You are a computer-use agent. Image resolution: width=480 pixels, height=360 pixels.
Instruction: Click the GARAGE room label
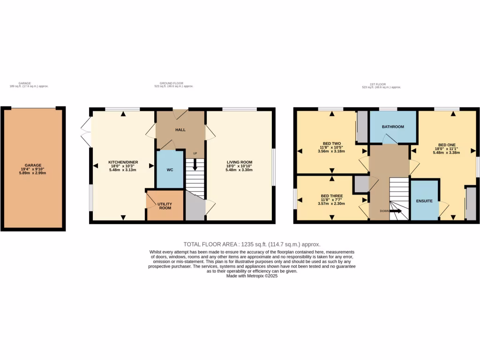pos(33,165)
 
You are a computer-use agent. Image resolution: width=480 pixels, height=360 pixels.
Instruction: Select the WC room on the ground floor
pos(170,169)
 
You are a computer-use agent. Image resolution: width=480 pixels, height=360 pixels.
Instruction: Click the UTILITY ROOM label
pos(165,206)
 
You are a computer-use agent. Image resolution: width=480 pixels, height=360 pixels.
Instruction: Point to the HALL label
pos(180,129)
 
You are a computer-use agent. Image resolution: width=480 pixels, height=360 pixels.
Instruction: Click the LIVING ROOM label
pos(239,162)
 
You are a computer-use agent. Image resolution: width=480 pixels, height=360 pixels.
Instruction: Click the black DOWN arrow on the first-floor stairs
pos(396,211)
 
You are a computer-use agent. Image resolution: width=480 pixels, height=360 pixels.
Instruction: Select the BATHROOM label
pos(393,127)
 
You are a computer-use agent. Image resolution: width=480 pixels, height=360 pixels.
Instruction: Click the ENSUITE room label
pos(424,201)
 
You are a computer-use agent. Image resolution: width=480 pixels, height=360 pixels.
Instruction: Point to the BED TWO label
pos(331,143)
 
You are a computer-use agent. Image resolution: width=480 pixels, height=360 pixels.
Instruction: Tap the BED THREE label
pos(331,195)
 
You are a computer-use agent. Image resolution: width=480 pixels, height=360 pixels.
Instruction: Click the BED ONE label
pos(446,145)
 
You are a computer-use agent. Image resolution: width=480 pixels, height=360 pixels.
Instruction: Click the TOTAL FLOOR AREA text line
pos(252,244)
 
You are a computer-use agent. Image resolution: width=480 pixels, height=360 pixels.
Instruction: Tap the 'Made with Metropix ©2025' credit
pos(252,277)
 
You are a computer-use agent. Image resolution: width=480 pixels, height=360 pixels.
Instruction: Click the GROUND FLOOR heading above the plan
pos(173,83)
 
